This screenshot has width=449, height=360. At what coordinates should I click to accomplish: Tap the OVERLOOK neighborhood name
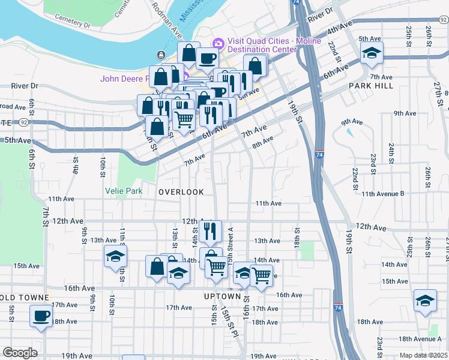point(181,192)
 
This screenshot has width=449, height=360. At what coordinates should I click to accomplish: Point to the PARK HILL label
point(371,86)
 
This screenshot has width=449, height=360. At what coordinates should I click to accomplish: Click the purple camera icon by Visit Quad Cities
point(217,43)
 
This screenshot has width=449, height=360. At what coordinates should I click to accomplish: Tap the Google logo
point(20,353)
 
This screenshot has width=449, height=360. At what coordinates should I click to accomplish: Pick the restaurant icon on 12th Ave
point(210,230)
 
